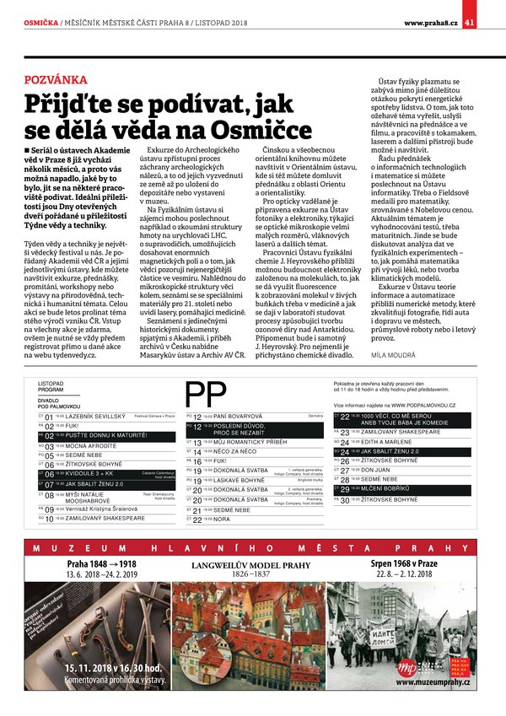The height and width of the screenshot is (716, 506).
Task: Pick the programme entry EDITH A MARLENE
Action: click(386, 441)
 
